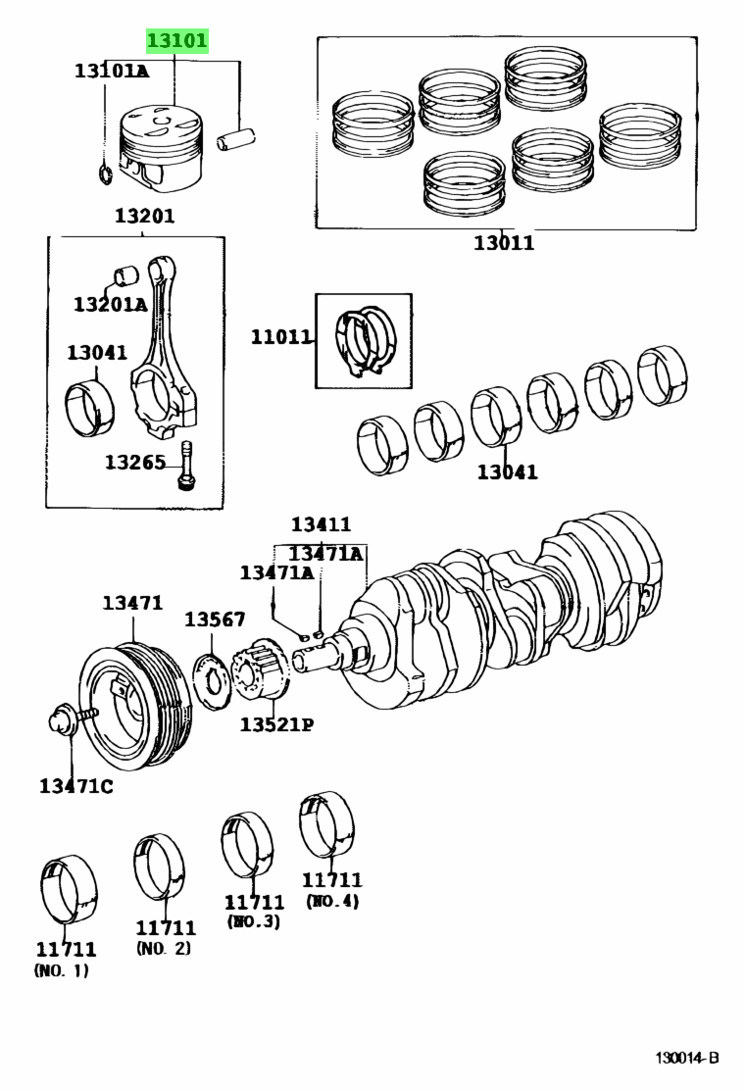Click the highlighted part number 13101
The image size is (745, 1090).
pos(177,41)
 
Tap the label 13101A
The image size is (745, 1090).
pos(111,71)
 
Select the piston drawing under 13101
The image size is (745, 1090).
pos(162,149)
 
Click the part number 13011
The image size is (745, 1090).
pos(504,242)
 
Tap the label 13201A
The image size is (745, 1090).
pos(110,304)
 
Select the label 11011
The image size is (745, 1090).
pos(280,337)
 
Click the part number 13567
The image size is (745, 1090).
pos(215,619)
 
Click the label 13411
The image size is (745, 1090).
pos(321,524)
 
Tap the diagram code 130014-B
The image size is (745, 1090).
pos(688,1058)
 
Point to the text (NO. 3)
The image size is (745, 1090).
pos(254,921)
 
